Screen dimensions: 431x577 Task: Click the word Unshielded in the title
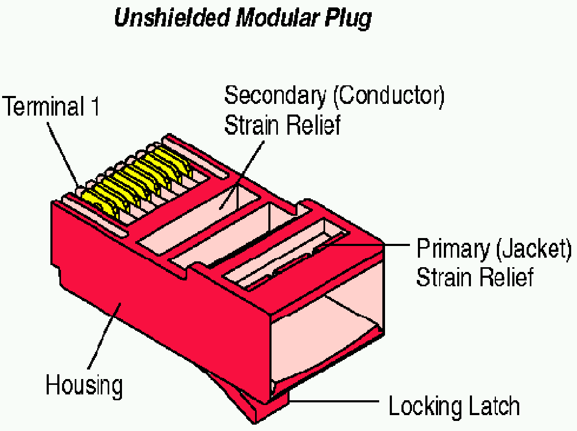(x=171, y=18)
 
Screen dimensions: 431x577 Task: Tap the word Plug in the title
(x=348, y=18)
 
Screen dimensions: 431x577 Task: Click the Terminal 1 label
(x=51, y=107)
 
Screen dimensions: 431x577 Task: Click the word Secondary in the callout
(x=275, y=95)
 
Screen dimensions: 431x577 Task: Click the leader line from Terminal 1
(x=64, y=154)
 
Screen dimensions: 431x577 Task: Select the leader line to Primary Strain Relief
(x=371, y=244)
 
